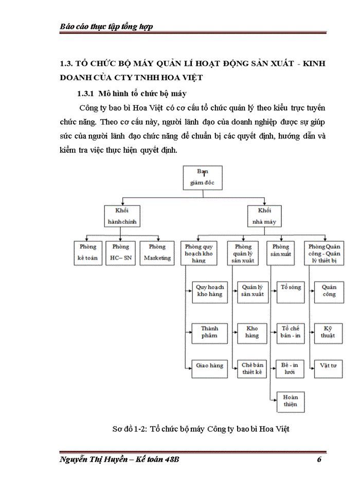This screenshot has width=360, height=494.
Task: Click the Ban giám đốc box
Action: coord(203,178)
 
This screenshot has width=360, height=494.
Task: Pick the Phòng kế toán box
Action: coord(88,253)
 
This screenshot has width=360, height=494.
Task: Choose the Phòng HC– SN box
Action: coord(121,253)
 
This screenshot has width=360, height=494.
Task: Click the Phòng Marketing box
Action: coord(157,253)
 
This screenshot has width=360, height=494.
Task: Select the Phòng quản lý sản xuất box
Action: coord(244,253)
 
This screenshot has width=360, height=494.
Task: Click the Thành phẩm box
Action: coord(210,332)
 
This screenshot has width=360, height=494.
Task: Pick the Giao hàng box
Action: coord(210,366)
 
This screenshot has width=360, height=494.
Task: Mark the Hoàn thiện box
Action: coord(291,401)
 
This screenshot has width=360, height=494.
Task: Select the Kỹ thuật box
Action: coord(329,332)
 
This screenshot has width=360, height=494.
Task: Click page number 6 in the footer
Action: coord(319,460)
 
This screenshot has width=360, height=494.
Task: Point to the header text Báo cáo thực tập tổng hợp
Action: coord(106,26)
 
